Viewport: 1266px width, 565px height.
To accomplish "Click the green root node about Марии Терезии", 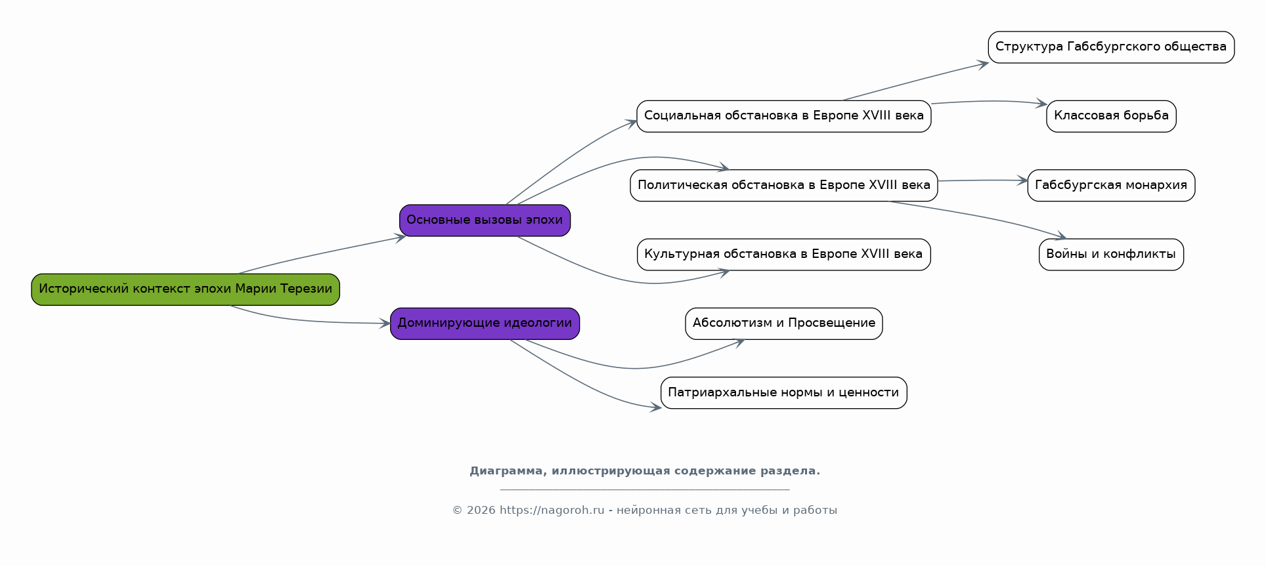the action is click(x=186, y=289).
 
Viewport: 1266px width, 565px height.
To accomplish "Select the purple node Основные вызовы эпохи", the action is click(x=485, y=220).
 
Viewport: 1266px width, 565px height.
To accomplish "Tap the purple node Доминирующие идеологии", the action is click(x=485, y=324).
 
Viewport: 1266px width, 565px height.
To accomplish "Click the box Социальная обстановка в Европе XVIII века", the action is click(x=784, y=116).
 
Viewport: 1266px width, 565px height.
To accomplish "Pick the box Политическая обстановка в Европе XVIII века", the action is click(x=784, y=186).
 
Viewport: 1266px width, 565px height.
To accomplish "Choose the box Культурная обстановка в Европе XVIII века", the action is click(x=784, y=255).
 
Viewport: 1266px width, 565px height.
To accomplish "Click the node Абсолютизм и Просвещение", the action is click(x=784, y=324).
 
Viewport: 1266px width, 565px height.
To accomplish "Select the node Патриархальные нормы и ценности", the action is click(x=784, y=393).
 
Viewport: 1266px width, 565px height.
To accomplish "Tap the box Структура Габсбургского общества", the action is click(x=1112, y=47).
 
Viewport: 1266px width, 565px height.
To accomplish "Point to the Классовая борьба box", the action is click(x=1112, y=116).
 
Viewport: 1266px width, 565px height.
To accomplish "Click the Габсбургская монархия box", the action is click(x=1112, y=186).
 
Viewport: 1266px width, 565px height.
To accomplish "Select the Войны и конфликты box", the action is click(x=1112, y=255).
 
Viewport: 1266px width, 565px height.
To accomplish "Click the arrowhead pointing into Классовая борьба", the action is click(x=1042, y=104).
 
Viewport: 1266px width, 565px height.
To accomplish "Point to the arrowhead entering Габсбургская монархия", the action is click(x=1022, y=180).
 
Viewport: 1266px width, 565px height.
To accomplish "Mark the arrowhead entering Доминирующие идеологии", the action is click(x=385, y=324).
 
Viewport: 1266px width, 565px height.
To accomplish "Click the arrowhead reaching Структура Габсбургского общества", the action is click(x=983, y=64).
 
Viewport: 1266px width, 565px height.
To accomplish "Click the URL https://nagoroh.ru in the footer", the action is click(x=552, y=511).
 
